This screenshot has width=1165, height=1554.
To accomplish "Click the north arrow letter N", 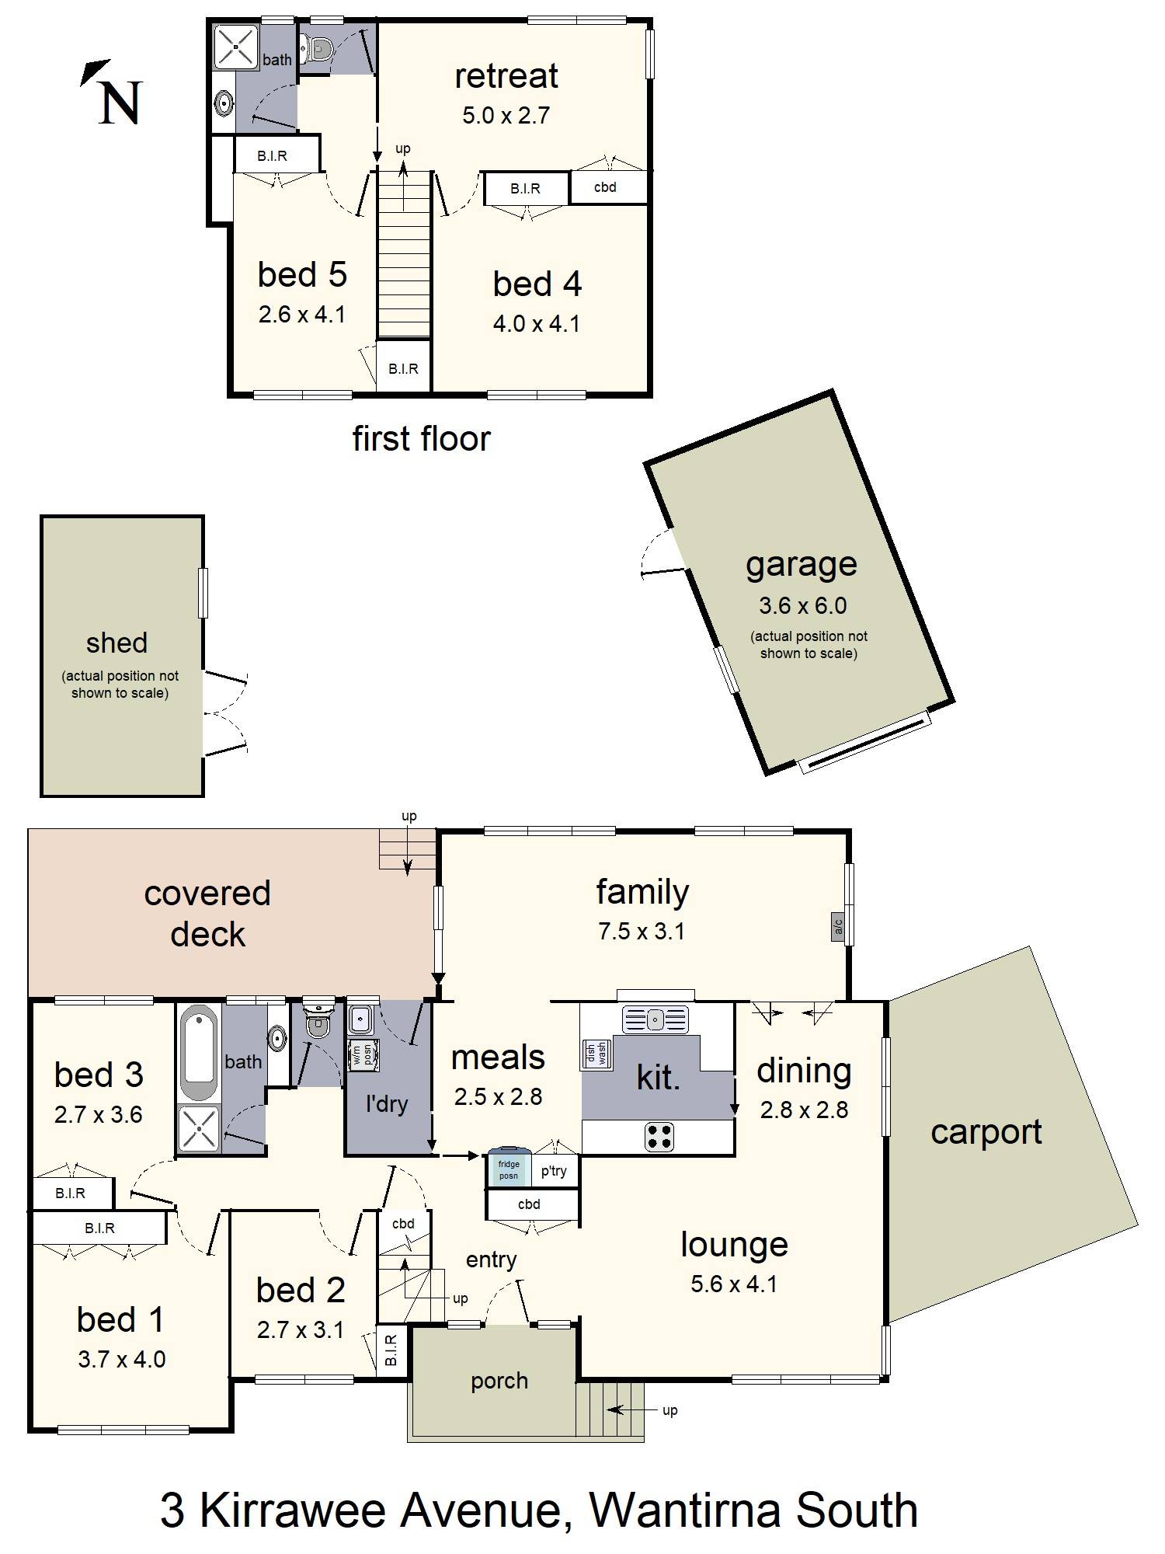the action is pos(120,103).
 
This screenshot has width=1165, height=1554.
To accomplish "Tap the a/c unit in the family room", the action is pos(838,926).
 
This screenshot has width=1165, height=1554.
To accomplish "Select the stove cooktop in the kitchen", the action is pos(659,1137).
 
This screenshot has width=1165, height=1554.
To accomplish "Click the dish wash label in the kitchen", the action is pos(596,1054).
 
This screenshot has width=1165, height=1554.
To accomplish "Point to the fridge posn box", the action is pos(509,1168).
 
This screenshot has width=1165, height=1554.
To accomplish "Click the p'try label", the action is pos(554,1171).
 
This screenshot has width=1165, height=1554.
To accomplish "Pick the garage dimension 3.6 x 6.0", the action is pos(802,605).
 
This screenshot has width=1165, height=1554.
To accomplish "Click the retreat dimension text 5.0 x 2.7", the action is pos(506,115).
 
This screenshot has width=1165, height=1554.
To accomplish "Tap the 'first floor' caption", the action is pos(421,438).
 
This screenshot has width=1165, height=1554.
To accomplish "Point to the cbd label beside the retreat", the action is pos(605,187).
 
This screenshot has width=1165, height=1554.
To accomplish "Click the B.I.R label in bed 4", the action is pos(525,189).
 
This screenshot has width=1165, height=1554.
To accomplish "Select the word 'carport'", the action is pos(986,1133).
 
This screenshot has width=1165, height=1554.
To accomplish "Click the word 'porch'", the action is pos(499,1382).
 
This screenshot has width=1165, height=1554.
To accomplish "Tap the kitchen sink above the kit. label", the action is pos(655,1019).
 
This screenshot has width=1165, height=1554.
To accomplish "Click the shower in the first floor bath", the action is pos(235,47).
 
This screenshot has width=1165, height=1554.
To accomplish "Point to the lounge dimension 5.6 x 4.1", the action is pos(734,1284).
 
